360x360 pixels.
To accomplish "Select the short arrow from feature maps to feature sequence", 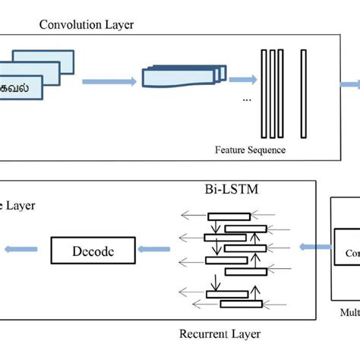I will click(x=242, y=78).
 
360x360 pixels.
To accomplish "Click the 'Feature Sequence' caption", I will click(x=251, y=150).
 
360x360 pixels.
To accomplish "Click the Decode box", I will click(x=92, y=248).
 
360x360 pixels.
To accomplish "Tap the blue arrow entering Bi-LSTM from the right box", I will click(x=314, y=247).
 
